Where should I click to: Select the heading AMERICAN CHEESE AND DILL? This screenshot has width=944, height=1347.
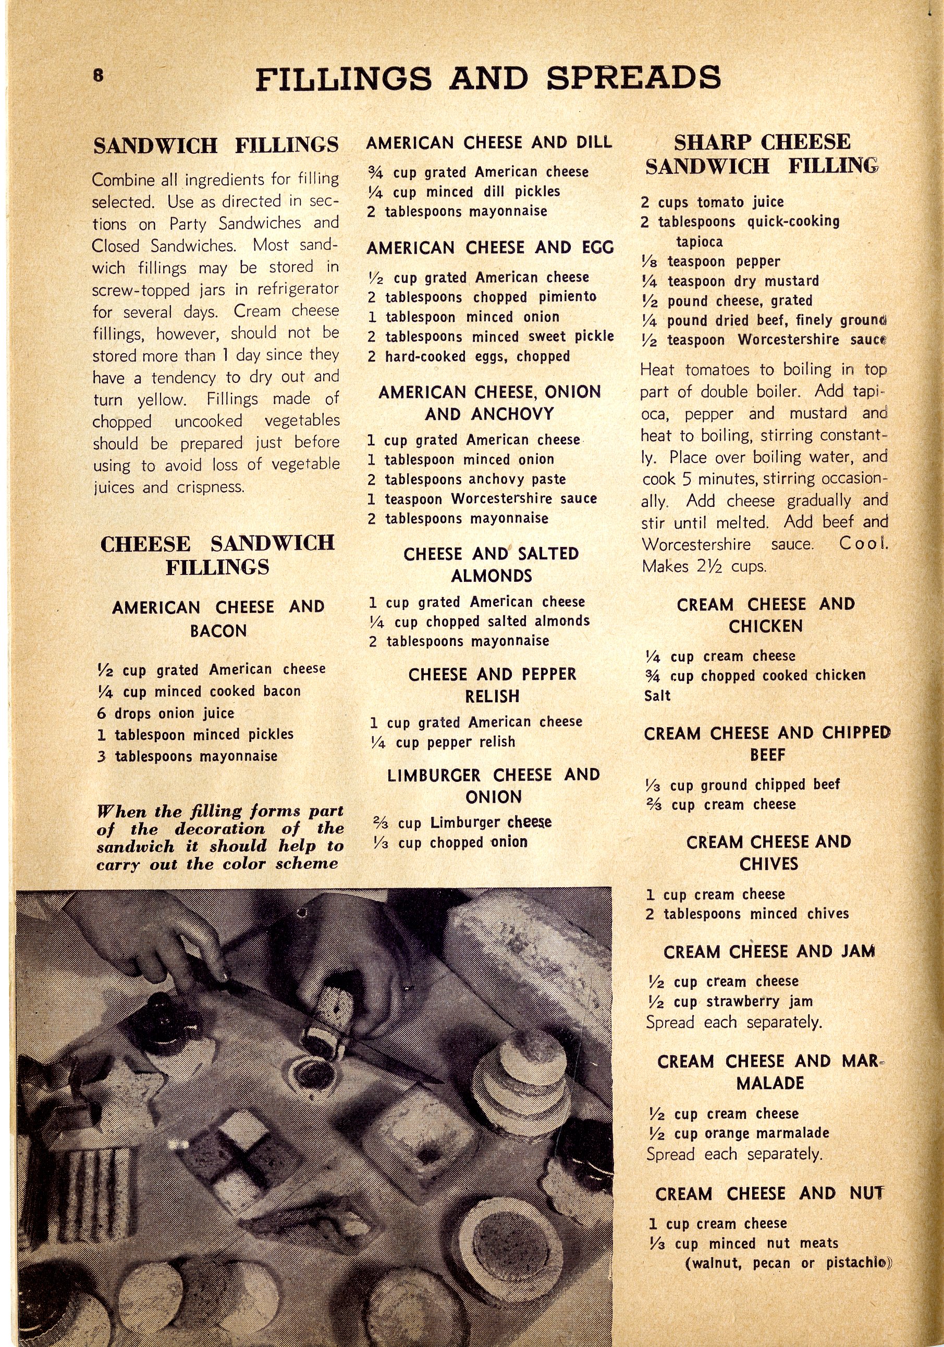point(488,143)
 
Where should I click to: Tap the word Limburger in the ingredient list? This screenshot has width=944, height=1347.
point(464,822)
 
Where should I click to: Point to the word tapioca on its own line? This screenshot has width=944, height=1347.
point(698,242)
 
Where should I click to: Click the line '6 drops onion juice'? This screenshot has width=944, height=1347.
point(166,714)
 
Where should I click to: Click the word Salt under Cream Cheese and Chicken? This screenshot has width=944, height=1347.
point(657,696)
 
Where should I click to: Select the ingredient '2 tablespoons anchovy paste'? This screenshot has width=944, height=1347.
point(466,479)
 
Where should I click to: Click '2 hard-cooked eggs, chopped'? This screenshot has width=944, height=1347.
point(469,356)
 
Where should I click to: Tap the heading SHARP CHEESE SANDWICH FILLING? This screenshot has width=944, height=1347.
point(762,154)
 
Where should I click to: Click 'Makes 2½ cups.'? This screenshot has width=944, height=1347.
point(704,566)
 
